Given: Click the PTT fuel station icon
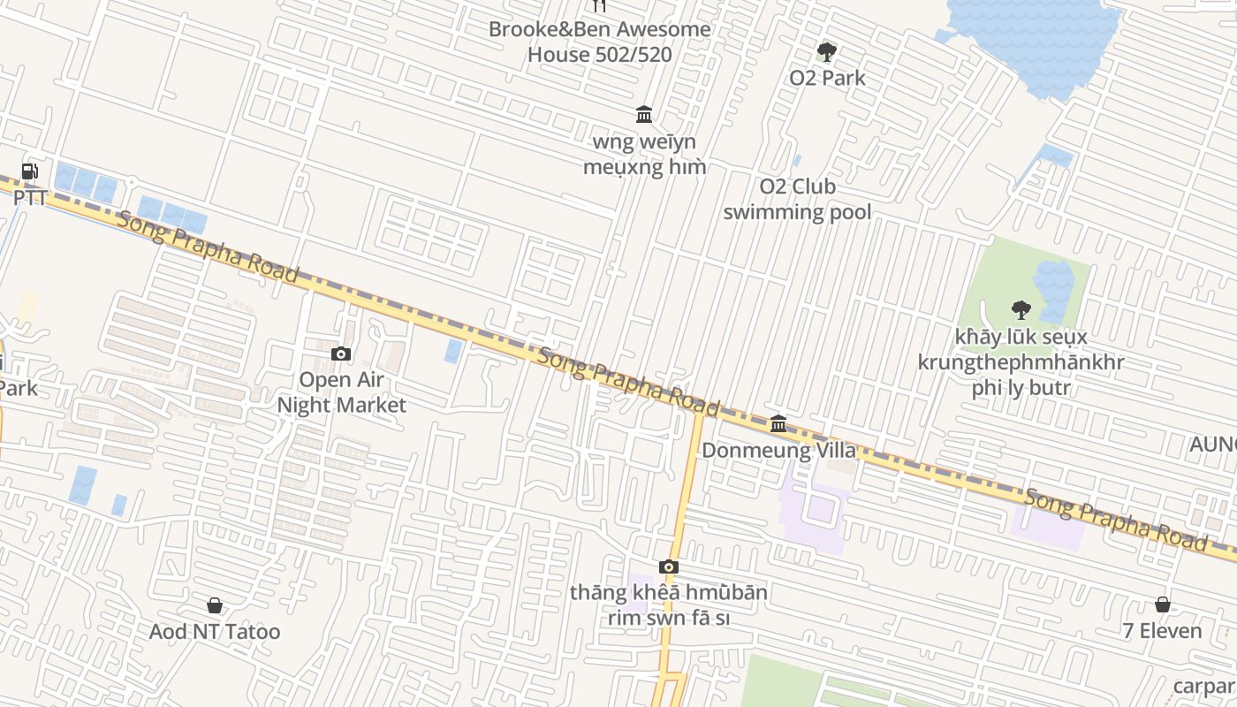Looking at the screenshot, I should click(30, 171).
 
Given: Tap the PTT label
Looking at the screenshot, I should click(30, 197).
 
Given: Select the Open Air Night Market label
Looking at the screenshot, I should click(341, 392).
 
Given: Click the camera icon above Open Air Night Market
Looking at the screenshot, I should click(341, 354).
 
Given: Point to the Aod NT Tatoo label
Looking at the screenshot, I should click(215, 632).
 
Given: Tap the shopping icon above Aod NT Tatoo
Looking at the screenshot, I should click(215, 605).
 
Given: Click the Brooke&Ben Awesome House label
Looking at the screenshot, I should click(600, 42).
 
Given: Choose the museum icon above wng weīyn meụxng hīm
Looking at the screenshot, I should click(644, 114).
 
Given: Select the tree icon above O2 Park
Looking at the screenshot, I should click(827, 52).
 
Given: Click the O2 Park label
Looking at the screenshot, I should click(827, 78).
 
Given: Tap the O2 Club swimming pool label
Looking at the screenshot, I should click(797, 200).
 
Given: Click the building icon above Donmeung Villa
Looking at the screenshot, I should click(778, 424).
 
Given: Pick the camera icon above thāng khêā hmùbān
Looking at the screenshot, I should click(669, 566).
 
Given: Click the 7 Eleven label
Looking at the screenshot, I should click(1162, 631).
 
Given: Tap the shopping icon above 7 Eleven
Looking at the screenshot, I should click(1163, 604).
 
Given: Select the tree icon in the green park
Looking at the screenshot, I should click(1021, 310).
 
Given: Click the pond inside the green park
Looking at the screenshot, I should click(1053, 287).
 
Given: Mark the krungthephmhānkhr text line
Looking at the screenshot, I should click(1021, 362).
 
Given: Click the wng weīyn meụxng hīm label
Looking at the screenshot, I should click(644, 155).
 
